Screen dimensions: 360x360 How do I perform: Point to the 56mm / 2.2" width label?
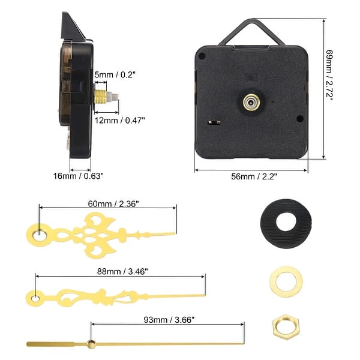(x=254, y=176)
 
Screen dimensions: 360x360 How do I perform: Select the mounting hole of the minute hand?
(x=35, y=296)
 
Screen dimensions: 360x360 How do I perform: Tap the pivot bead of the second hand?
(x=91, y=344)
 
